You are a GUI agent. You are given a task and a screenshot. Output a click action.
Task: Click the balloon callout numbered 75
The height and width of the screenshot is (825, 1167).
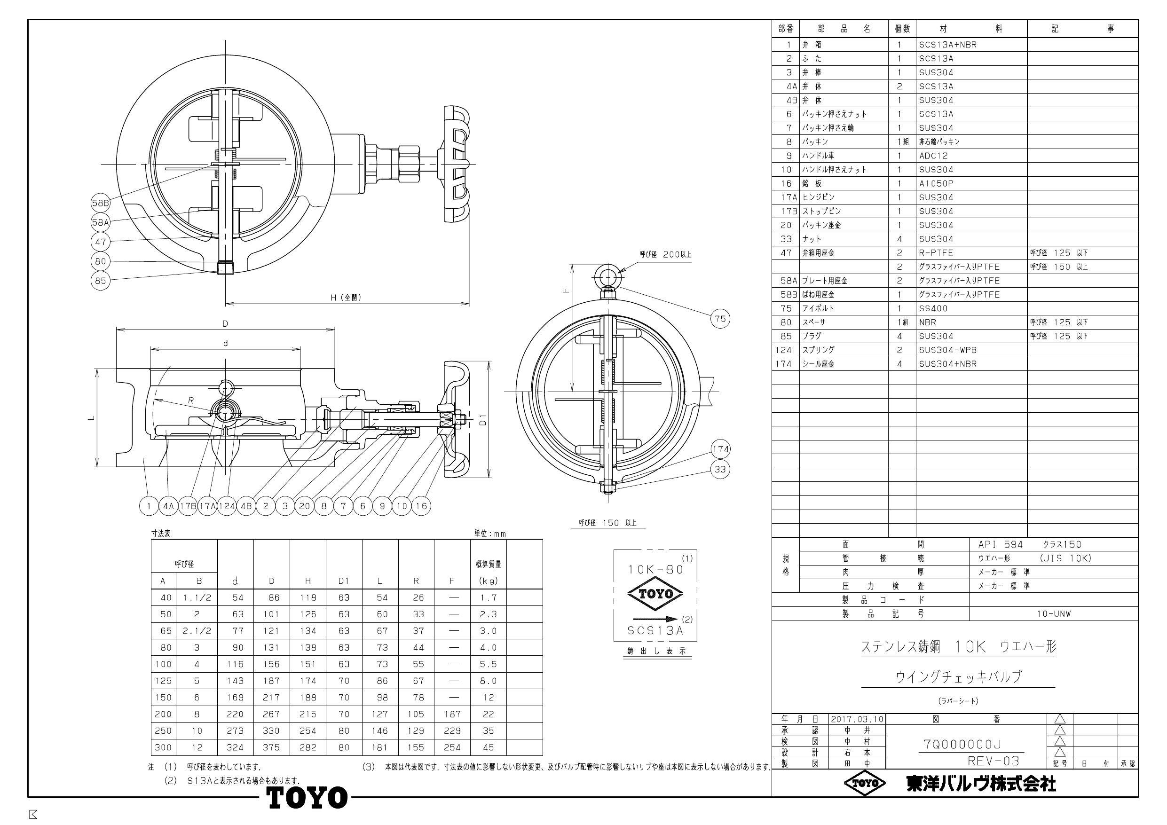pyautogui.click(x=720, y=319)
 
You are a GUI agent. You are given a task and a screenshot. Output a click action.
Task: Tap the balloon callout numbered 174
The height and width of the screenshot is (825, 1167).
pyautogui.click(x=720, y=449)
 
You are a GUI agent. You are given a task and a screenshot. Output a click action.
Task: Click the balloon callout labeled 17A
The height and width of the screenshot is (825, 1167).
pyautogui.click(x=207, y=506)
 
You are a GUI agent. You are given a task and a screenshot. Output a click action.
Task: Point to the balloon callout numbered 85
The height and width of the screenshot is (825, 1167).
pyautogui.click(x=101, y=281)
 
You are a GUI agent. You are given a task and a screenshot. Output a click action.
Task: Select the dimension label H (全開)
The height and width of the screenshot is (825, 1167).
pyautogui.click(x=346, y=298)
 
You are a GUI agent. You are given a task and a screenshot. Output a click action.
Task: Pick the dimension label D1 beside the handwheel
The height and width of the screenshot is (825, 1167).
pyautogui.click(x=483, y=420)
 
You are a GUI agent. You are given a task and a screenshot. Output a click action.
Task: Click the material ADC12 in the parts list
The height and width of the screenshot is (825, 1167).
pyautogui.click(x=933, y=156)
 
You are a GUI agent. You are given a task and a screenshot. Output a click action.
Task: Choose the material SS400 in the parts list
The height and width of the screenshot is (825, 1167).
pyautogui.click(x=933, y=308)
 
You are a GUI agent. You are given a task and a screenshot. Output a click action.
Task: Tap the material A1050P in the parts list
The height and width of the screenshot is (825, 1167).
pyautogui.click(x=936, y=183)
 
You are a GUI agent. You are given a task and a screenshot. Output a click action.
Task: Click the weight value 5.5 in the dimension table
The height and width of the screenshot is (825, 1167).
pyautogui.click(x=488, y=664)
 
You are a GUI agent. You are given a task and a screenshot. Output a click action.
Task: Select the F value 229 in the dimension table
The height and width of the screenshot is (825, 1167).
pyautogui.click(x=452, y=731)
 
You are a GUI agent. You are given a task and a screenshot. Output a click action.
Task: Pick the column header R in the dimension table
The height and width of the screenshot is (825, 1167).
pyautogui.click(x=416, y=581)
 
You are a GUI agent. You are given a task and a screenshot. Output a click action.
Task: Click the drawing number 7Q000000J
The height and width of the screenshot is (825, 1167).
pyautogui.click(x=962, y=745)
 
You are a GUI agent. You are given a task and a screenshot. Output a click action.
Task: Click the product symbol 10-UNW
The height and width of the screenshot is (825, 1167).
pyautogui.click(x=1054, y=613)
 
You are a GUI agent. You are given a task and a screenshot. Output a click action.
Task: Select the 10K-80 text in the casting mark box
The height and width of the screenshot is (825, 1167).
pyautogui.click(x=655, y=569)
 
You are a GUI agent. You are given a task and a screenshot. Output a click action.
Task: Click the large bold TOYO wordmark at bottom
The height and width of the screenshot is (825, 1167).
pyautogui.click(x=307, y=798)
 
